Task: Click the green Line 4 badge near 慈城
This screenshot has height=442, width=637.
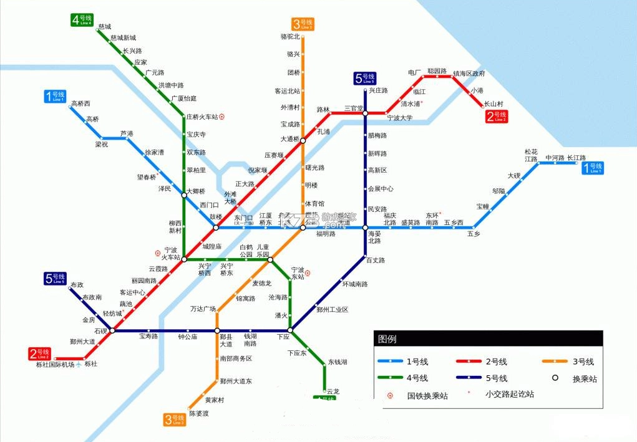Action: click(x=81, y=19)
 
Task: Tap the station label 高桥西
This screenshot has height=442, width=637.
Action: click(x=80, y=103)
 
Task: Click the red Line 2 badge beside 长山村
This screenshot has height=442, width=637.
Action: click(x=497, y=116)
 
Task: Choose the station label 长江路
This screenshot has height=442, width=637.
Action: click(x=576, y=158)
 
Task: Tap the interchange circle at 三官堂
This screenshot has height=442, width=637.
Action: click(x=366, y=113)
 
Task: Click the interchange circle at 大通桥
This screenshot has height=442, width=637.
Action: click(x=303, y=141)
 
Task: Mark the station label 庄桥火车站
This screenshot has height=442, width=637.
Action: click(x=202, y=117)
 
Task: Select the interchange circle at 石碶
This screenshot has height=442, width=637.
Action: click(x=112, y=330)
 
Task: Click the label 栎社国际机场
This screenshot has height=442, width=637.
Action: click(x=55, y=365)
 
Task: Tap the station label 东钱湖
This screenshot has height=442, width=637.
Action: click(x=338, y=362)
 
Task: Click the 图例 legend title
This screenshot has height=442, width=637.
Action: click(x=387, y=340)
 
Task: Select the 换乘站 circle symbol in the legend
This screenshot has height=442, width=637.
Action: click(x=554, y=378)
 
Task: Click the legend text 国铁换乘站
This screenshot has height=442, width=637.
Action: click(x=427, y=395)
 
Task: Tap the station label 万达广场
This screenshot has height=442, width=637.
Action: click(x=203, y=309)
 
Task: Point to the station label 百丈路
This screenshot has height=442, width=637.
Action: click(x=376, y=260)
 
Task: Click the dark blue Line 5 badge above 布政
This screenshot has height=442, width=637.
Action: click(x=55, y=279)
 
